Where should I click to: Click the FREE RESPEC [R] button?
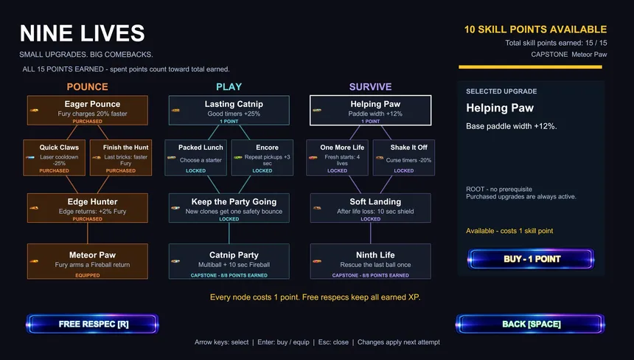point(92,324)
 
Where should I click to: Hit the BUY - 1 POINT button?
point(531,259)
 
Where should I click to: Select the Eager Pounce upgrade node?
point(87,111)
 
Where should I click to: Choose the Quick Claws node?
point(54,158)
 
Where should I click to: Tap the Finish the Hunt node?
point(121,158)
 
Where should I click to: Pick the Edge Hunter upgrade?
point(87,208)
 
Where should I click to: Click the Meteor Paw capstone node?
point(87,261)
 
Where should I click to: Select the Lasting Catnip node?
point(229,111)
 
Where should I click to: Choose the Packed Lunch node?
point(195,158)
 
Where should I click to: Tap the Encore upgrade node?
point(262,158)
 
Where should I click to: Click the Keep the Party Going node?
point(229,208)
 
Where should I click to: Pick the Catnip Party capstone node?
point(229,261)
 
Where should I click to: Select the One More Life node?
point(337,158)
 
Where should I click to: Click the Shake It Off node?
point(404,158)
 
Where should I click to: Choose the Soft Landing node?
point(370,208)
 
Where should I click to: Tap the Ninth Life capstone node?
point(370,261)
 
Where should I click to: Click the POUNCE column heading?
point(87,87)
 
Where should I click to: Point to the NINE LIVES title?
point(82,33)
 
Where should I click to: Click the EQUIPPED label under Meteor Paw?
point(87,275)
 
